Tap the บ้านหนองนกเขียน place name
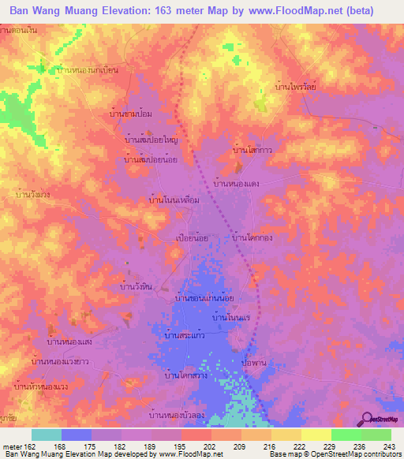[x=88, y=70]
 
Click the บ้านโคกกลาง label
[x=253, y=236]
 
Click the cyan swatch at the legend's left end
[x=47, y=435]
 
